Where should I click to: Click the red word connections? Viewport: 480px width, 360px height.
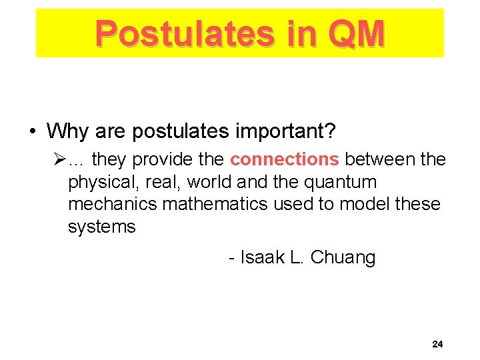(x=285, y=159)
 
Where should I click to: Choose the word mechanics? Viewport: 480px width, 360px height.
(x=113, y=204)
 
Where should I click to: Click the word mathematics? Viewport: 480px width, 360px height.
(x=217, y=204)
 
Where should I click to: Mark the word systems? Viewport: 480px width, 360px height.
(x=101, y=227)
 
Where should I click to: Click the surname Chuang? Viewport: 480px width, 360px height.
(x=343, y=257)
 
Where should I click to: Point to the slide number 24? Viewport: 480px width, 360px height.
(x=437, y=345)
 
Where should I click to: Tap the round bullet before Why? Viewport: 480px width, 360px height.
(x=33, y=132)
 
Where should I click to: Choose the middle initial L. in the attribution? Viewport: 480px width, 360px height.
(x=297, y=257)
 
